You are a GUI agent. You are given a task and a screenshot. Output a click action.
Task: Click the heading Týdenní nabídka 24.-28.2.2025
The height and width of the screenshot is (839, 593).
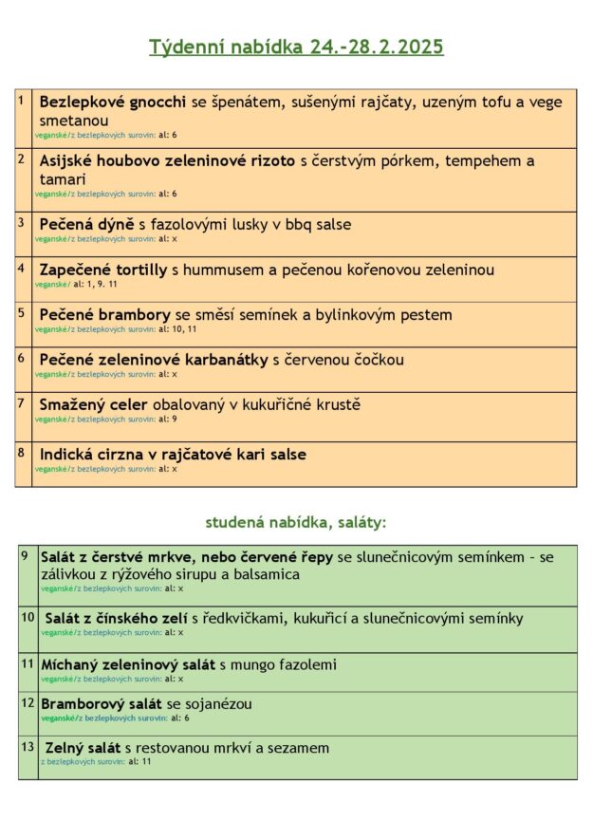296,47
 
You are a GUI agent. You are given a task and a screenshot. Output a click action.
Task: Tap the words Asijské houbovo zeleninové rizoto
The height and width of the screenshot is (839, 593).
167,160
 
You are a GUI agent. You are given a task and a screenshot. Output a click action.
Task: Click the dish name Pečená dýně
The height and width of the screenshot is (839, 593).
86,225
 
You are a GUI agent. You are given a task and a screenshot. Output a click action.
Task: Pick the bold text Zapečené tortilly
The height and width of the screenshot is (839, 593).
103,270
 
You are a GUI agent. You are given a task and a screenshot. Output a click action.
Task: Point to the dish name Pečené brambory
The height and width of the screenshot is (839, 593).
104,314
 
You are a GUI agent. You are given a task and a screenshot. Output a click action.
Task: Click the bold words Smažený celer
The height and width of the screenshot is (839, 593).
93,405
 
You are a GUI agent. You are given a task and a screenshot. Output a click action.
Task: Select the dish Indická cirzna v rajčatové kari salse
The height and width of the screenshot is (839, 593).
173,455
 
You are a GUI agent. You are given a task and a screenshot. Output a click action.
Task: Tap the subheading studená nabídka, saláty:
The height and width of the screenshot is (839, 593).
296,522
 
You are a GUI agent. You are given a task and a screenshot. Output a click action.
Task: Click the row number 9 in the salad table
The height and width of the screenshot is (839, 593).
24,555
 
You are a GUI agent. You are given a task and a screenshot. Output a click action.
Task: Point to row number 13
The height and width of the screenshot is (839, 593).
28,747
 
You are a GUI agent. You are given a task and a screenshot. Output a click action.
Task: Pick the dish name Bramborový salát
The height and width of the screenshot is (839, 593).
102,704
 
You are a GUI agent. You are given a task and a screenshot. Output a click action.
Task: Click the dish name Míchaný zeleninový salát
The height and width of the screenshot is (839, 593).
128,664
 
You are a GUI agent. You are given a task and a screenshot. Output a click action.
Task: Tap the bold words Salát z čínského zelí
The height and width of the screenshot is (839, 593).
117,619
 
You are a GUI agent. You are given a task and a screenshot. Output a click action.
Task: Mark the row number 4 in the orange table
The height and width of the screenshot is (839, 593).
21,268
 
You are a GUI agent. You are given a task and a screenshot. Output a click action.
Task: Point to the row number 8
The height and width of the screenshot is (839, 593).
21,452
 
